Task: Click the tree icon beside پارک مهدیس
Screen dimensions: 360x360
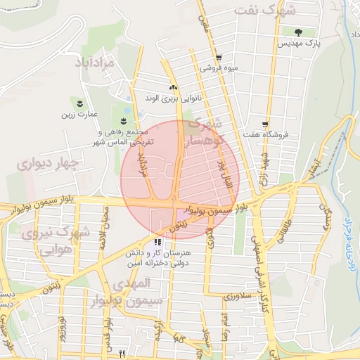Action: (x=298, y=32)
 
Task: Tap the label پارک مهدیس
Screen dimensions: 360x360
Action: (x=298, y=44)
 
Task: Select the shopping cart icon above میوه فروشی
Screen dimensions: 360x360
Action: (x=218, y=58)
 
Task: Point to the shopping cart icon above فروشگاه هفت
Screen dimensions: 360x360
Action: (x=264, y=124)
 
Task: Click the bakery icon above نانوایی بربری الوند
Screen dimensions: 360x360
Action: (x=172, y=88)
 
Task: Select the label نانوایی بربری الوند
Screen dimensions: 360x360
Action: (x=171, y=98)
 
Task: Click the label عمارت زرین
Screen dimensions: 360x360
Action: (x=78, y=113)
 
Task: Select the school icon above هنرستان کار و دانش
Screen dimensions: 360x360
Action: (x=157, y=242)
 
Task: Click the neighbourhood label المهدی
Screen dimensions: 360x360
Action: (x=131, y=283)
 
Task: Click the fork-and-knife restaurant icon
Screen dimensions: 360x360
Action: (x=123, y=354)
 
